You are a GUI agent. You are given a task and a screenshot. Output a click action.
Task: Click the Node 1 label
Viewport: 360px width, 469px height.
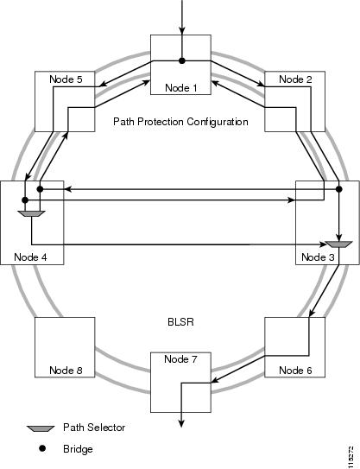coord(181,88)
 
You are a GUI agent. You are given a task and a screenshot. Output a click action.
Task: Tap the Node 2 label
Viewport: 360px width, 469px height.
coord(295,79)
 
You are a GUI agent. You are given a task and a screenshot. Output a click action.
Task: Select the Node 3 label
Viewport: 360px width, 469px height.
coord(318,257)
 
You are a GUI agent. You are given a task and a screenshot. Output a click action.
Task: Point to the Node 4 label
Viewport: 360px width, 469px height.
coord(30,257)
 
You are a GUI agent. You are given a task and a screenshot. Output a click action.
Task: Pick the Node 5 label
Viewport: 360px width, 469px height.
coord(66,79)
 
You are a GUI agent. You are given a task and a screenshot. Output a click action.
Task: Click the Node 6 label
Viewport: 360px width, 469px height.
coord(295,371)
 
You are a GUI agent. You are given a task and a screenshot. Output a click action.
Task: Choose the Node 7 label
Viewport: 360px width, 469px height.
coord(180,359)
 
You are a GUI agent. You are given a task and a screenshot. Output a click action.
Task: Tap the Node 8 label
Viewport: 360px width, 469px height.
coord(66,371)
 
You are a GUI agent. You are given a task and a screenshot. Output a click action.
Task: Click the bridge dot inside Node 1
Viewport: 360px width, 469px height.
coord(182,60)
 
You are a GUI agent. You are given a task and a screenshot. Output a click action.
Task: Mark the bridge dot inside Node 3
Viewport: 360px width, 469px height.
coord(338,189)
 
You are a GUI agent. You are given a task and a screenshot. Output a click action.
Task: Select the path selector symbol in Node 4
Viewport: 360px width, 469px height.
coord(32,213)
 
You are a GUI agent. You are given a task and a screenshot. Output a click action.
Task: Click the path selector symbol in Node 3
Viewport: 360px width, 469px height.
coord(338,244)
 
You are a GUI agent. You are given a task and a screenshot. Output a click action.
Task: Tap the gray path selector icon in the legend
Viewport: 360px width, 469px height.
coord(41,428)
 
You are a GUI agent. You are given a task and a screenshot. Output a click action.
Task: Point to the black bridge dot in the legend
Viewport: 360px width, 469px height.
coord(42,448)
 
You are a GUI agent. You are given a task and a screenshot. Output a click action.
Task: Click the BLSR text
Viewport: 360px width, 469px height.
coord(180,322)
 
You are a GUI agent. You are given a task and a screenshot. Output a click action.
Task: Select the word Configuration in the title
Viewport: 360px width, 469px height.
coord(218,122)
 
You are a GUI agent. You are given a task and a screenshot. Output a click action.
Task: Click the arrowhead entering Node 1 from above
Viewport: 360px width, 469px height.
coord(182,31)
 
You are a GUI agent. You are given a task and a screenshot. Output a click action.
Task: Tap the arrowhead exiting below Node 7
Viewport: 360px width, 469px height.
coord(181,423)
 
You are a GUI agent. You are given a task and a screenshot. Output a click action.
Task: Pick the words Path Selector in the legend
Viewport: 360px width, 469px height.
coord(94,428)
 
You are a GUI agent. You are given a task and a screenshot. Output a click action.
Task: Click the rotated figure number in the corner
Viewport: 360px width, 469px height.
coord(351,456)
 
